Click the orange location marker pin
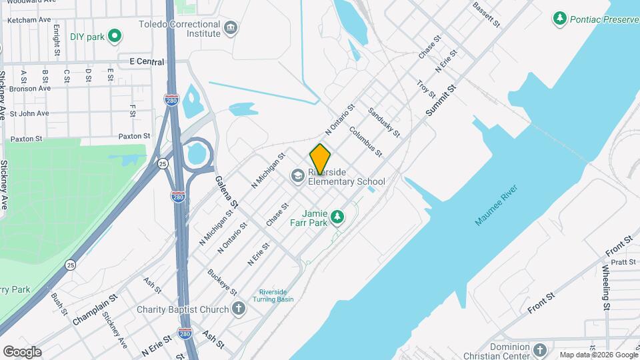click(x=320, y=159)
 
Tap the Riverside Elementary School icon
click(x=297, y=176)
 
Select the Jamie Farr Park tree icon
click(x=338, y=217)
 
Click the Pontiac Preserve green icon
click(x=560, y=18)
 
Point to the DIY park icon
click(x=115, y=36)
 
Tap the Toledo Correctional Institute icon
click(x=231, y=27)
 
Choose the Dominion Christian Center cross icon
click(x=540, y=349)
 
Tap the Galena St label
click(x=227, y=189)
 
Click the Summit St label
click(x=440, y=102)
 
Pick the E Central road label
click(x=147, y=61)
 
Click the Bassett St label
click(x=486, y=14)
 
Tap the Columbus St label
click(x=365, y=143)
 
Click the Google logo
click(x=22, y=351)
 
